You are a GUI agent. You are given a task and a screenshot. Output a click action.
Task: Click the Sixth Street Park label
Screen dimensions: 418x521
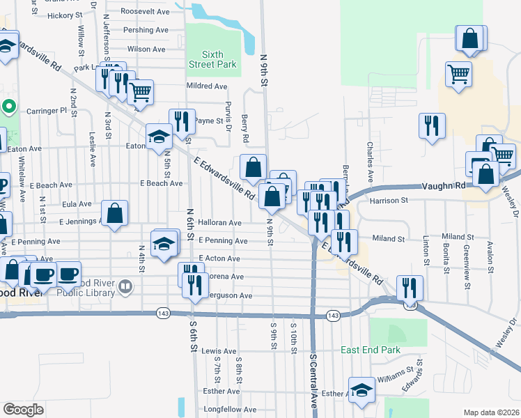[212, 59]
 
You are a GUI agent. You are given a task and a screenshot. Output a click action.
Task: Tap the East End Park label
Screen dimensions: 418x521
[370, 350]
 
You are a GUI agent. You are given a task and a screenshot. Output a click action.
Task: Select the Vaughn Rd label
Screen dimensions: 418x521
[444, 187]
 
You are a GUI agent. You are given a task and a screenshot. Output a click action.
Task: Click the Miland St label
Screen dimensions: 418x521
[389, 239]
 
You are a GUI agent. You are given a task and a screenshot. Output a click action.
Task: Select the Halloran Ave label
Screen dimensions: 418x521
[219, 223]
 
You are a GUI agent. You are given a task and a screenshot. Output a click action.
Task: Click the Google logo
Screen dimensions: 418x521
[23, 410]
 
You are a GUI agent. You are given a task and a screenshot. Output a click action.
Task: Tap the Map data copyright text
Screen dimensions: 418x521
[491, 412]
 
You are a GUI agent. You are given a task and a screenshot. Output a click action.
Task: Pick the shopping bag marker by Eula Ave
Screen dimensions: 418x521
[114, 214]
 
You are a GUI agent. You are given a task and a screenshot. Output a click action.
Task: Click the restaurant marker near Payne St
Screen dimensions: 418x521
[182, 121]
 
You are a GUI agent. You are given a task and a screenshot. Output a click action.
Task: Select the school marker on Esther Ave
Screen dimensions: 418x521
[361, 391]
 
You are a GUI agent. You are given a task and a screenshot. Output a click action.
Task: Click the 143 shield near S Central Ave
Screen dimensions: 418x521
[334, 316]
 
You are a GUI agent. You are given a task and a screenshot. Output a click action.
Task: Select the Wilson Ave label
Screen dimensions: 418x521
[146, 49]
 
